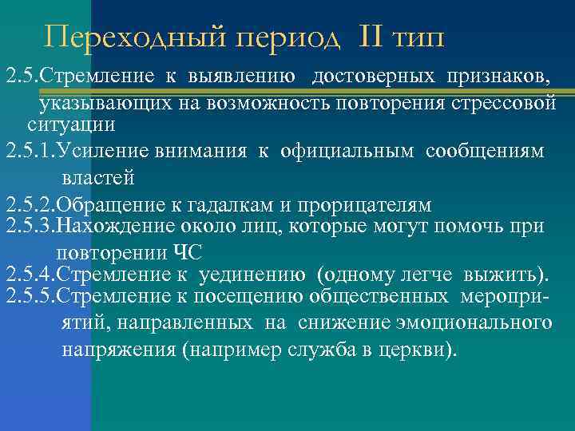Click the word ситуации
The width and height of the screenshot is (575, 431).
tap(72, 125)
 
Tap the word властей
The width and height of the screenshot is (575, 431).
tap(97, 177)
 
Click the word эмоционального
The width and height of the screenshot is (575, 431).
tap(470, 322)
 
